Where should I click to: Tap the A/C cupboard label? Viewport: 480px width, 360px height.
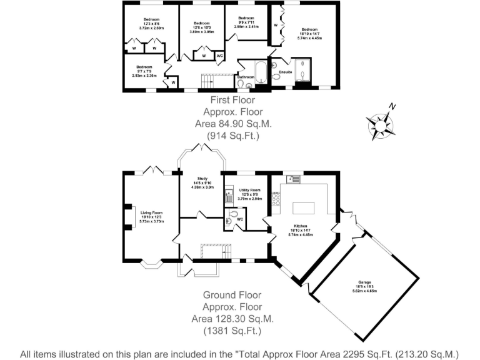[219, 57]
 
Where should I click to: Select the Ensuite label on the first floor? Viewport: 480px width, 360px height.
[286, 72]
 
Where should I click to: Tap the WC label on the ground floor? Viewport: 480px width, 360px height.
[240, 219]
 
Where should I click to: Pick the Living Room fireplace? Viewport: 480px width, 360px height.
[129, 216]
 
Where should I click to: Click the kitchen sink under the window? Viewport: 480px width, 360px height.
[294, 179]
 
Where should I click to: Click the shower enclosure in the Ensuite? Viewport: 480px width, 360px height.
[302, 70]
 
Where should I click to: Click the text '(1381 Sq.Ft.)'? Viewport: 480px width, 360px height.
[227, 331]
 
